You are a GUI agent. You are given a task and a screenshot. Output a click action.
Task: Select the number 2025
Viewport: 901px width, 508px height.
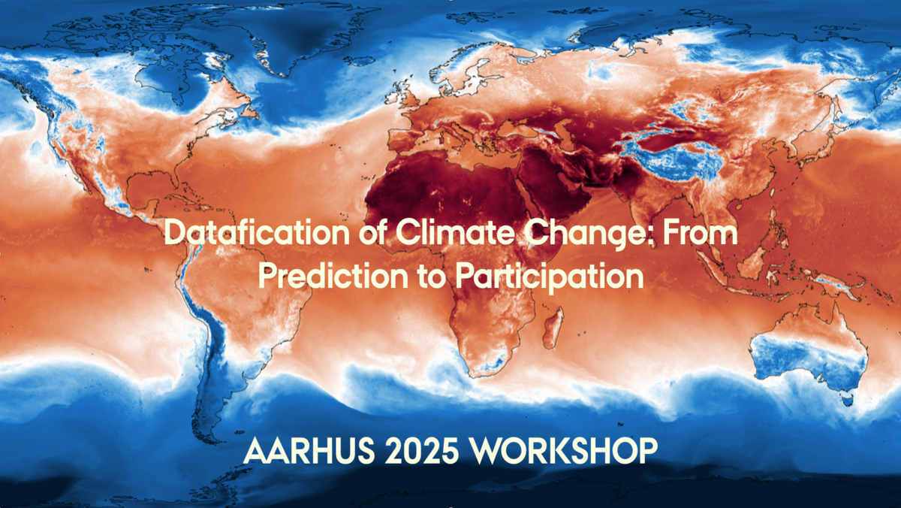click(x=422, y=451)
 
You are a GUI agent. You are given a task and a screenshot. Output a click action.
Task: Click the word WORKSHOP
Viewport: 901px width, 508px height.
click(x=565, y=451)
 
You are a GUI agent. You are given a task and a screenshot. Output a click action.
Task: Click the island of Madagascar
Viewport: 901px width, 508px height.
click(x=553, y=328)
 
